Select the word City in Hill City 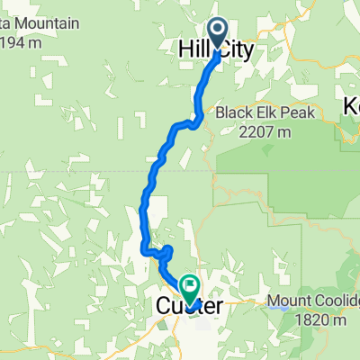click(x=237, y=49)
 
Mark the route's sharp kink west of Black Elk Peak click(x=192, y=121)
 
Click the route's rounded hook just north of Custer click(x=166, y=251)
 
